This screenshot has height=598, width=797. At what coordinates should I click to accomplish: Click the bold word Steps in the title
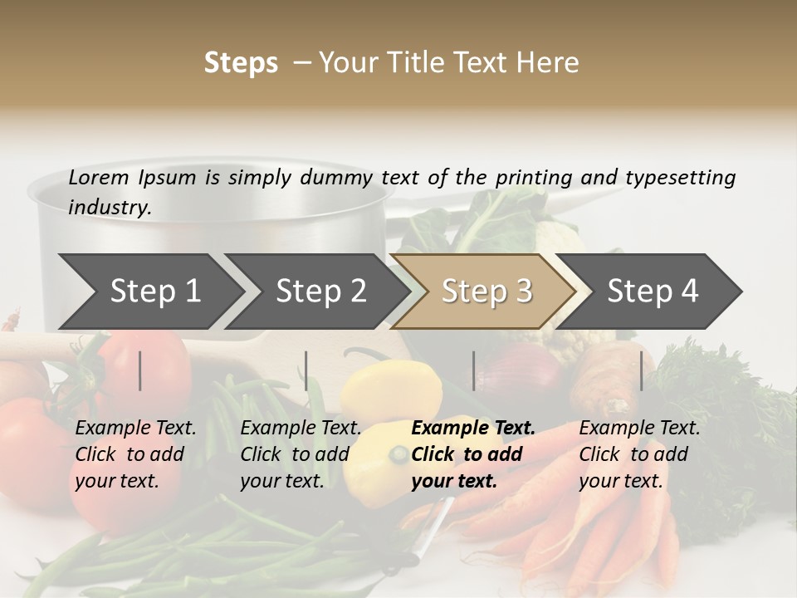(241, 63)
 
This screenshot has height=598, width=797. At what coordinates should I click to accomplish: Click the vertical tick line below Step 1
(140, 370)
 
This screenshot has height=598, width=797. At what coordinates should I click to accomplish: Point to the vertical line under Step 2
(306, 370)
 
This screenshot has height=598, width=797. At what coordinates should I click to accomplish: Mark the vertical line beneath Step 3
(474, 370)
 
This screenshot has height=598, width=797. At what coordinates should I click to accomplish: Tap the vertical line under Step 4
(642, 370)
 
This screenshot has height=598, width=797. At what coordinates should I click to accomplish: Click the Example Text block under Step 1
(135, 454)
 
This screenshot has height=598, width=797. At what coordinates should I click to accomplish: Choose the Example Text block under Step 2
(301, 454)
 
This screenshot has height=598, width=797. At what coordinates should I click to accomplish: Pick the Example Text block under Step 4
(639, 454)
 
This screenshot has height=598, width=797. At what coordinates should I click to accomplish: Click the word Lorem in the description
(99, 178)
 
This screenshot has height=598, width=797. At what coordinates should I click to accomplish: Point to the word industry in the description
(110, 208)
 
